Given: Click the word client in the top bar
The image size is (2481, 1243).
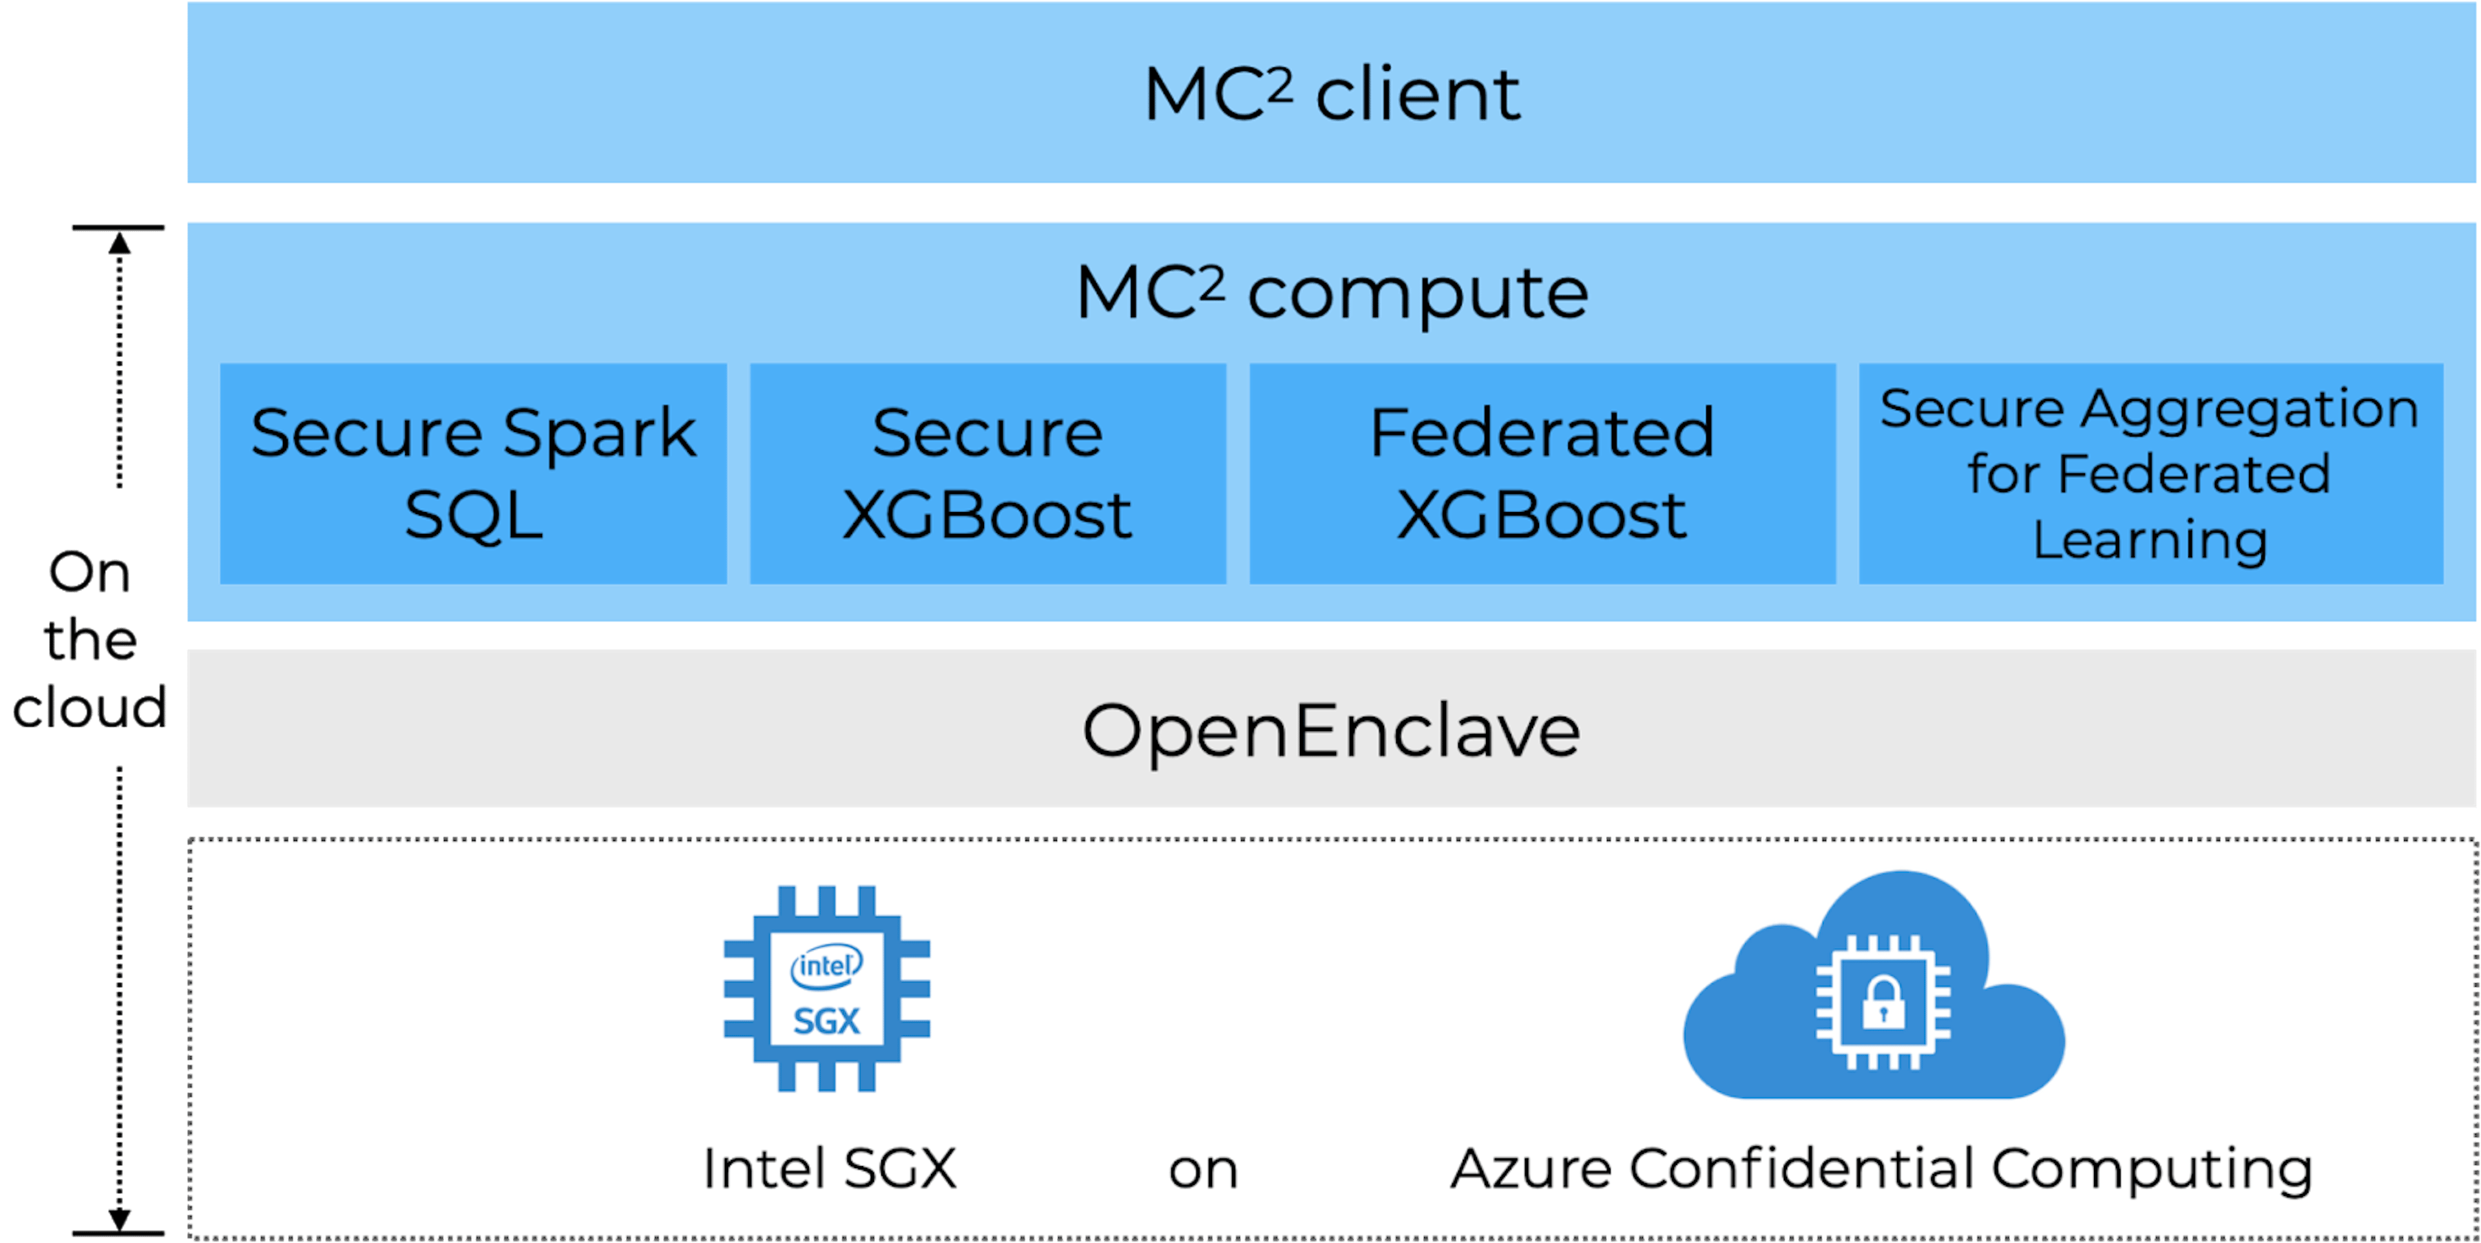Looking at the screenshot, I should click(x=1418, y=96).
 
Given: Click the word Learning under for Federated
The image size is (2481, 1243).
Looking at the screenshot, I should click(x=2150, y=539).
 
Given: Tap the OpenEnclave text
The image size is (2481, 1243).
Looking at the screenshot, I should click(x=1331, y=730).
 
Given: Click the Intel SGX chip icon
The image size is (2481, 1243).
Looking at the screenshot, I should click(x=826, y=989).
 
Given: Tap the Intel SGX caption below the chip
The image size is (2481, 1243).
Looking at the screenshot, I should click(x=829, y=1169).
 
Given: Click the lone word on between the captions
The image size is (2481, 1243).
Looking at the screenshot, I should click(x=1203, y=1171).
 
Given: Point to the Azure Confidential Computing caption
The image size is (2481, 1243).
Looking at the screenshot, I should click(x=1881, y=1169).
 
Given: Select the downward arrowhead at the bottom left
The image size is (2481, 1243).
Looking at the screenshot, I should click(x=120, y=1219).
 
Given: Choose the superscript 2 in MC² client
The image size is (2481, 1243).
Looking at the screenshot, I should click(x=1279, y=84).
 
